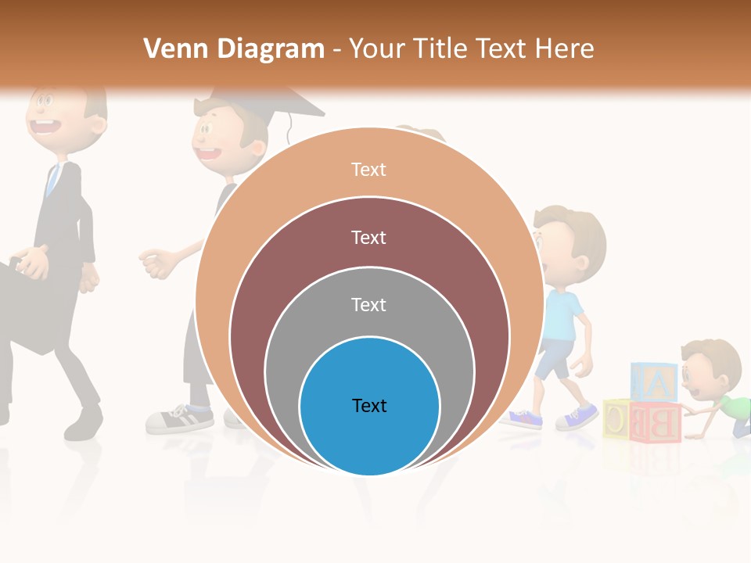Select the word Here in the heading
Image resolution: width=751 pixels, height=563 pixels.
pos(564,48)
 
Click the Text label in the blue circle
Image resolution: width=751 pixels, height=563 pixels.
pos(369,405)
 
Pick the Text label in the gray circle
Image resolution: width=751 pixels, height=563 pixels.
pos(369,304)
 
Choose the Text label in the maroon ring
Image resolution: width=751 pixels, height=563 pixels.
pos(369,237)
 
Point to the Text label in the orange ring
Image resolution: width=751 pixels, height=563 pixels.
pos(369,170)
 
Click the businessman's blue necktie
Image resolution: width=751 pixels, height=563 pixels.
pos(52,180)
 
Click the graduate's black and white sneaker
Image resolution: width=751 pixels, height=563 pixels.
pos(178,419)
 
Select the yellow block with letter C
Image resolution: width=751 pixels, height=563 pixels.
pos(616,419)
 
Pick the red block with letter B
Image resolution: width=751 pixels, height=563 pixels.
pos(656,422)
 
